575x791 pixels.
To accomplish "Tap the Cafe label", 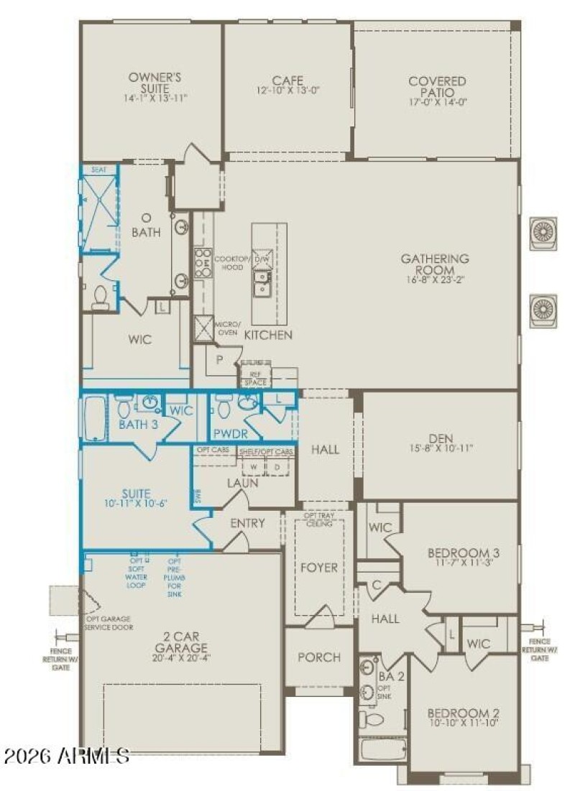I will [287, 80].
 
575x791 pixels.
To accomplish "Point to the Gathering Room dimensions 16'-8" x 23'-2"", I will [435, 282].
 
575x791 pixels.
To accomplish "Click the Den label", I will [441, 437].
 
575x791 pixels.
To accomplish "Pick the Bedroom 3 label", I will [464, 552].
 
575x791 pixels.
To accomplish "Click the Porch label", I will [318, 657].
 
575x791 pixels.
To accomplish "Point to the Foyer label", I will [319, 568].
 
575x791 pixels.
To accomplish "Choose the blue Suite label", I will [136, 494].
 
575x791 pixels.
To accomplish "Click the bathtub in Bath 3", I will [95, 420].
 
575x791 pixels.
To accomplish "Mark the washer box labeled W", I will [253, 466].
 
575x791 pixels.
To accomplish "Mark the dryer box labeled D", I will [277, 466].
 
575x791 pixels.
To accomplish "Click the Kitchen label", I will [268, 336].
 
